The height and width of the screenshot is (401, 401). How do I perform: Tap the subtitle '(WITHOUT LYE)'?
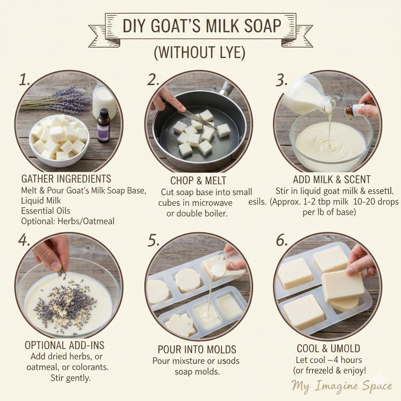click(200, 53)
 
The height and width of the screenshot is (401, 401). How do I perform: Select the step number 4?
click(24, 240)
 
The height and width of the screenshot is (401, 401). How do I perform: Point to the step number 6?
click(282, 240)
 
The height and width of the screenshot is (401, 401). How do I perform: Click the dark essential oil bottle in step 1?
click(104, 125)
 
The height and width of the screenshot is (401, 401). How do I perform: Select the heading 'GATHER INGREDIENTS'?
click(66, 179)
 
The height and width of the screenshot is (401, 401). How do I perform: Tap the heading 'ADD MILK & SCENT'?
click(331, 180)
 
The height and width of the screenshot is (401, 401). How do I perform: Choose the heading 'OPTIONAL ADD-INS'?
click(64, 345)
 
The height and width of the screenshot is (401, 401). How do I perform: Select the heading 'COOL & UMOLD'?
click(329, 349)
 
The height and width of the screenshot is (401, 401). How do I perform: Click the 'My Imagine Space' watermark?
click(341, 386)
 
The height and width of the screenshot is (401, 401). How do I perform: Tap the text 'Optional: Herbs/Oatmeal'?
click(68, 221)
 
